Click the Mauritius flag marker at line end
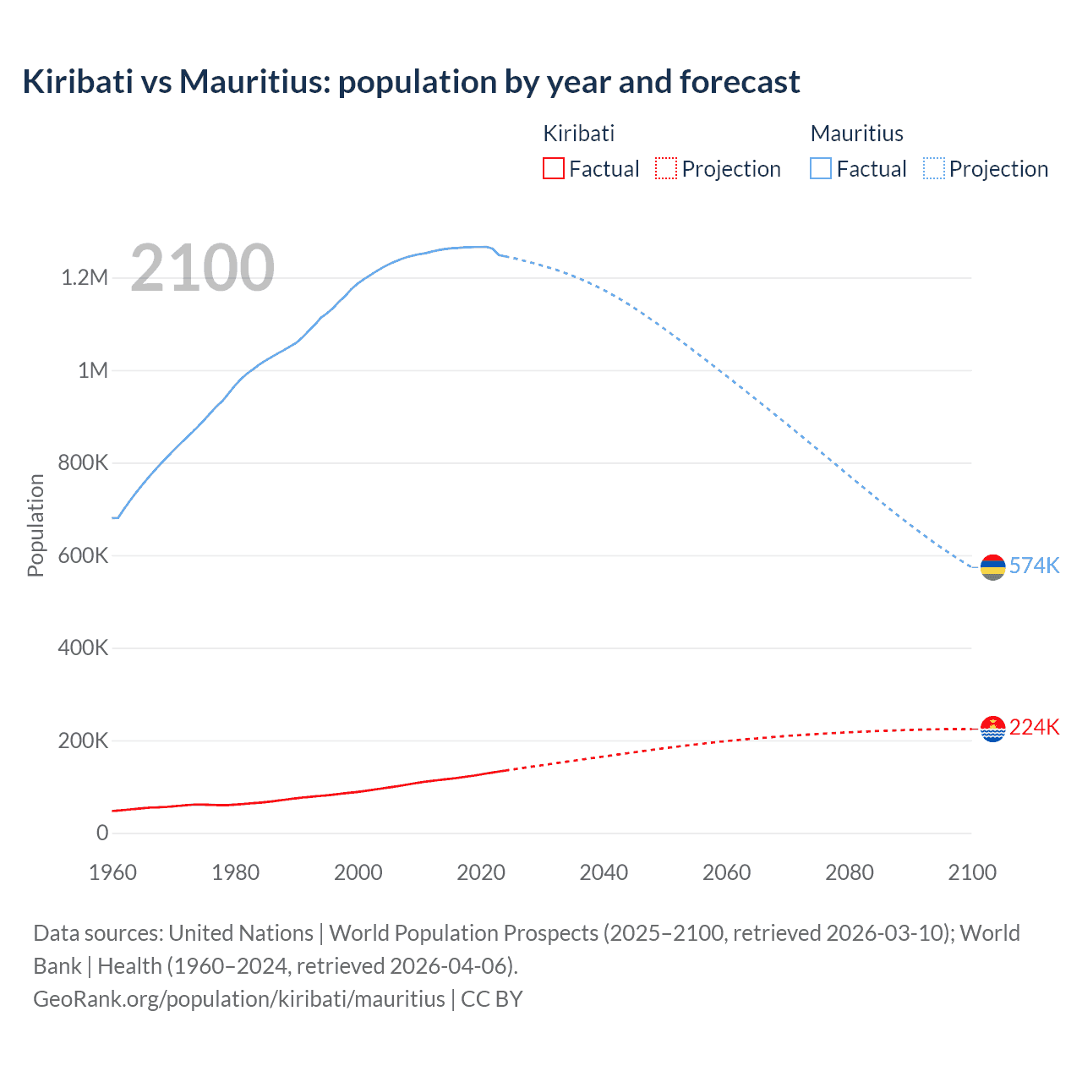992,567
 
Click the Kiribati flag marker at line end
992,729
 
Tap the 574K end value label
1034,566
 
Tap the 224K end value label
1034,727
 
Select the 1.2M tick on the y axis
85,278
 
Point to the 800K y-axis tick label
84,463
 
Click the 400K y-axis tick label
84,648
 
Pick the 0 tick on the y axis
102,833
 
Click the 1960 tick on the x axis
112,873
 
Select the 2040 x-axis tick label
604,873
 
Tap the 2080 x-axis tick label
849,873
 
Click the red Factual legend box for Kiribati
553,169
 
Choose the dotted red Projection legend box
666,169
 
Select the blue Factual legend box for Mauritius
821,169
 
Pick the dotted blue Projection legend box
934,169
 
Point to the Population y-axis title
36,525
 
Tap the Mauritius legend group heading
856,134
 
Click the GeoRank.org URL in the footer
238,999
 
